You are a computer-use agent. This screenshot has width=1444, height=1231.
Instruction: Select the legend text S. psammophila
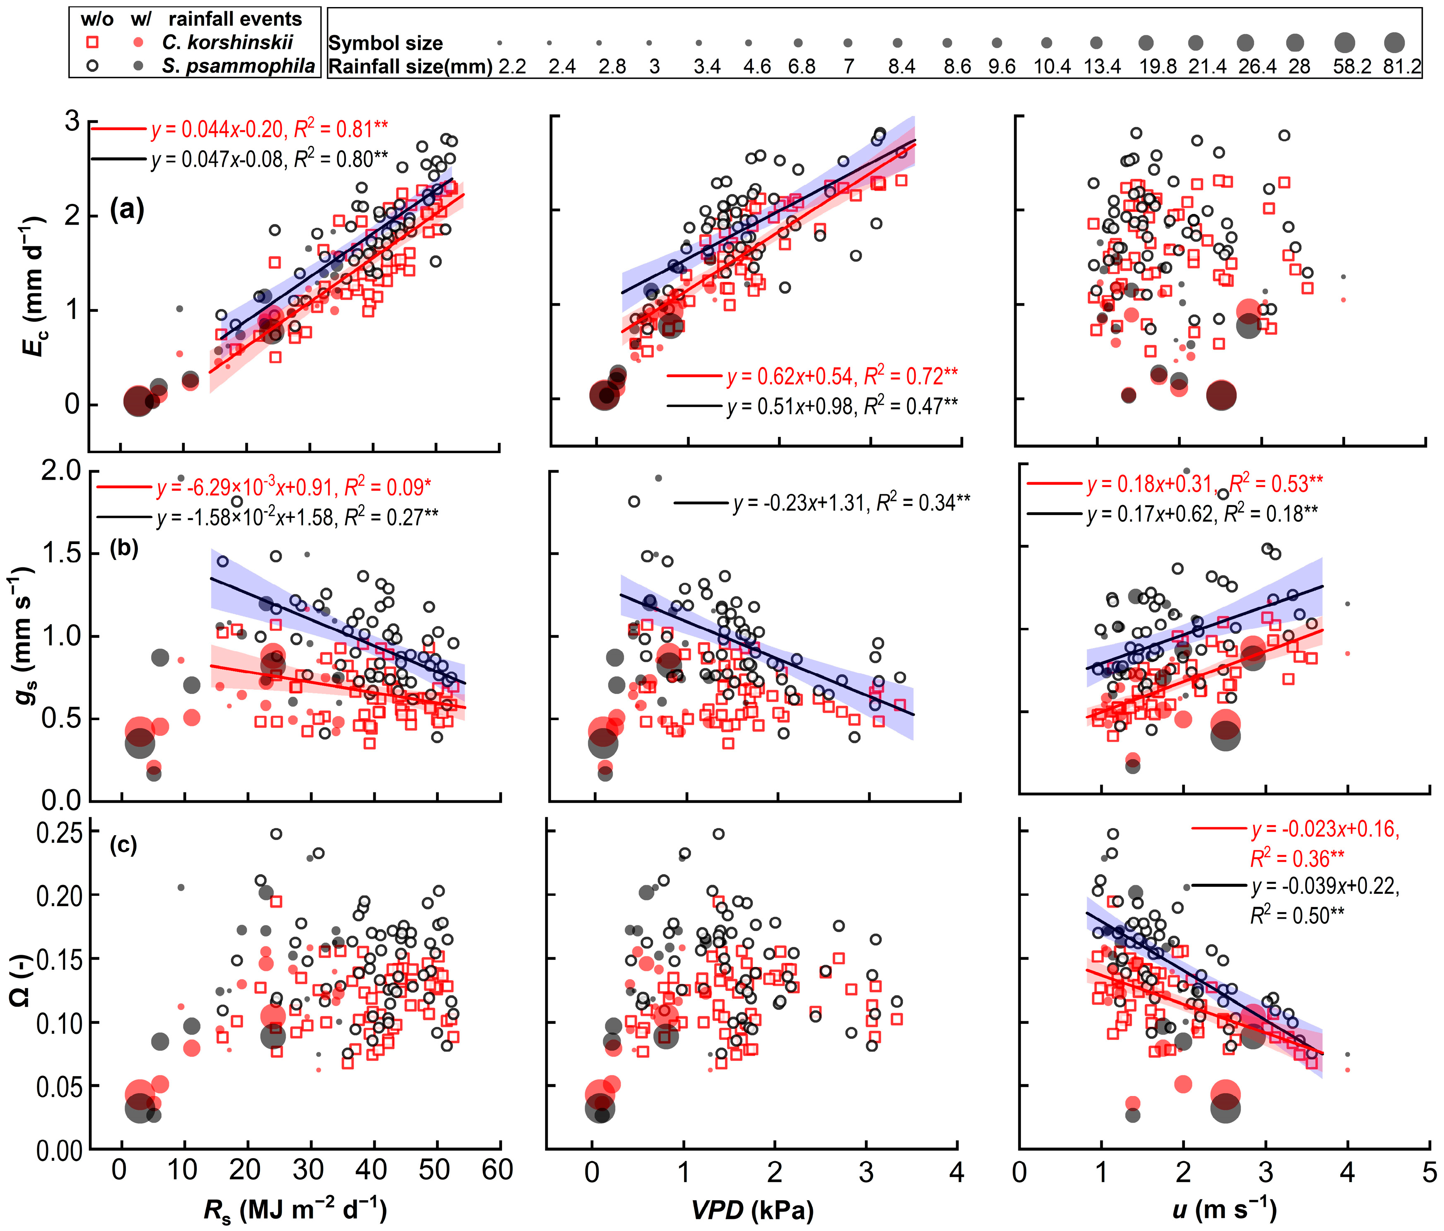click(239, 67)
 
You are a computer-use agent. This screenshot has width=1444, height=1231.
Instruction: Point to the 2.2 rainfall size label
click(512, 67)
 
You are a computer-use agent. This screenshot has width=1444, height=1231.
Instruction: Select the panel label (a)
click(127, 209)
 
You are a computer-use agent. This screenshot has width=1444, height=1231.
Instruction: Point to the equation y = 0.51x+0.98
click(791, 406)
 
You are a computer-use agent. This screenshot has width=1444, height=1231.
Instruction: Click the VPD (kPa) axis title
click(753, 1211)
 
